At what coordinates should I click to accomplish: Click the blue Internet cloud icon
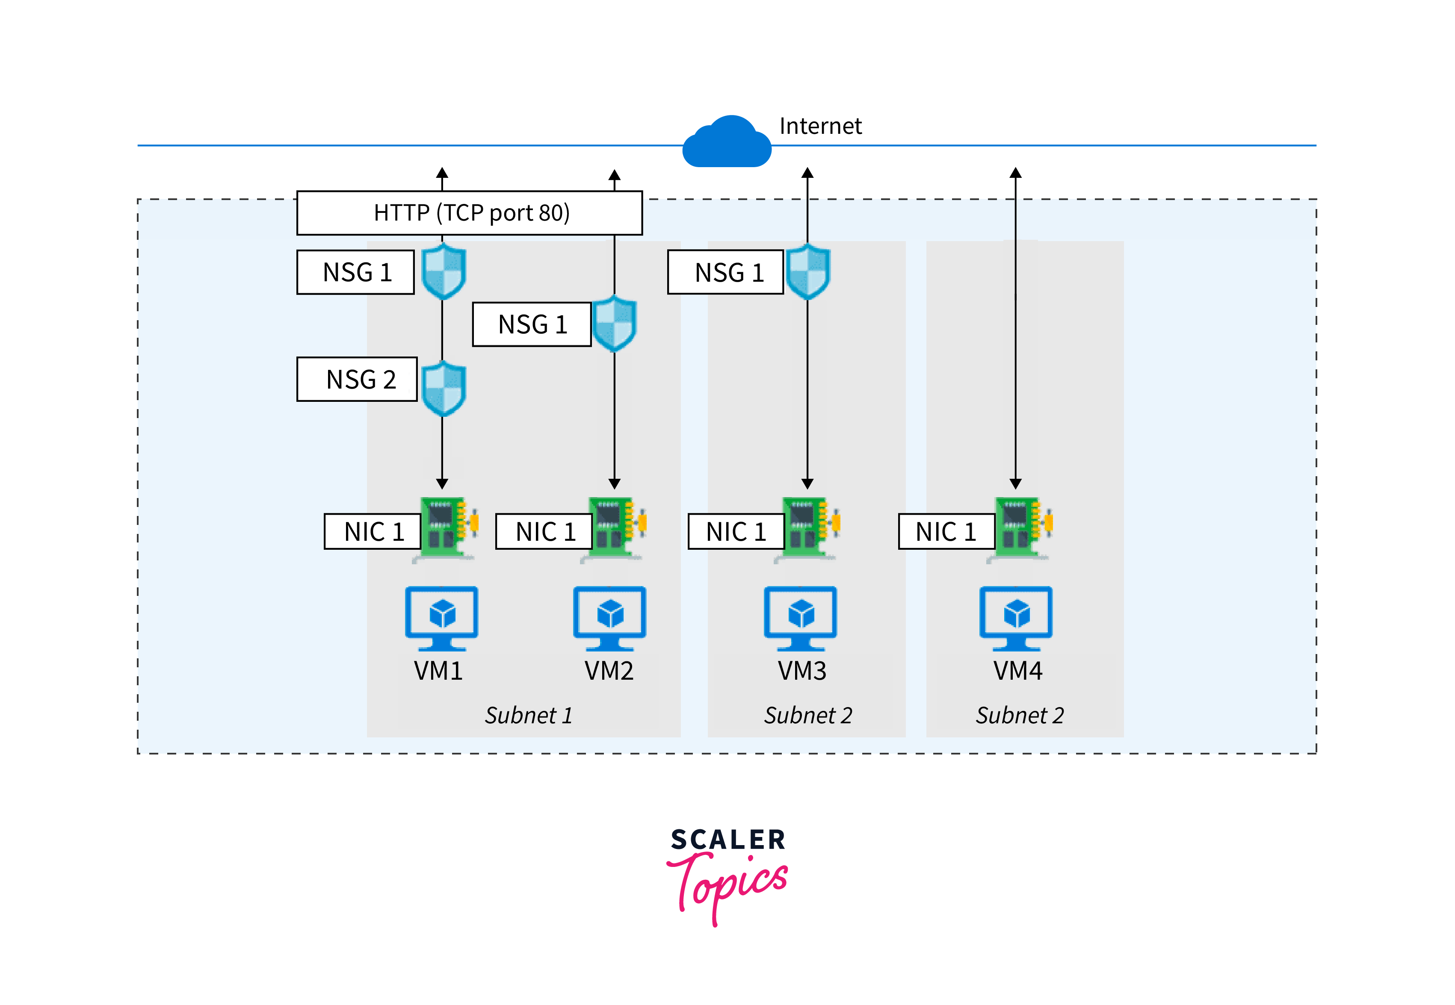(x=727, y=144)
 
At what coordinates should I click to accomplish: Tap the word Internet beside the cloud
(x=820, y=126)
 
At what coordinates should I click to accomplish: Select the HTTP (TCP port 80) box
(x=470, y=213)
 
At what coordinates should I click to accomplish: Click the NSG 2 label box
(x=357, y=379)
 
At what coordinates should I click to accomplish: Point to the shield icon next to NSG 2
(x=444, y=388)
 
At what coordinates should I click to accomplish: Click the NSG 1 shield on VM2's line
(x=615, y=323)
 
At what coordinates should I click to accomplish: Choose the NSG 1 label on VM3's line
(x=726, y=272)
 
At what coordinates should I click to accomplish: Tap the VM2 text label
(x=609, y=671)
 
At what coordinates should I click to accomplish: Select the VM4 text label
(x=1018, y=671)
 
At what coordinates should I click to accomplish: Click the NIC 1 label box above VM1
(x=373, y=531)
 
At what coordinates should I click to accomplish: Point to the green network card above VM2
(x=615, y=527)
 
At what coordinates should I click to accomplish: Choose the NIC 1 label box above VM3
(x=736, y=531)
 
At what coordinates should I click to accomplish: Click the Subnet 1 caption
(x=529, y=715)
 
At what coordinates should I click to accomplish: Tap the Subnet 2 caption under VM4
(x=1020, y=715)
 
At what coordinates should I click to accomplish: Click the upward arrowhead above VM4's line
(x=1015, y=173)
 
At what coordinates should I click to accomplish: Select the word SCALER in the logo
(x=728, y=840)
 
